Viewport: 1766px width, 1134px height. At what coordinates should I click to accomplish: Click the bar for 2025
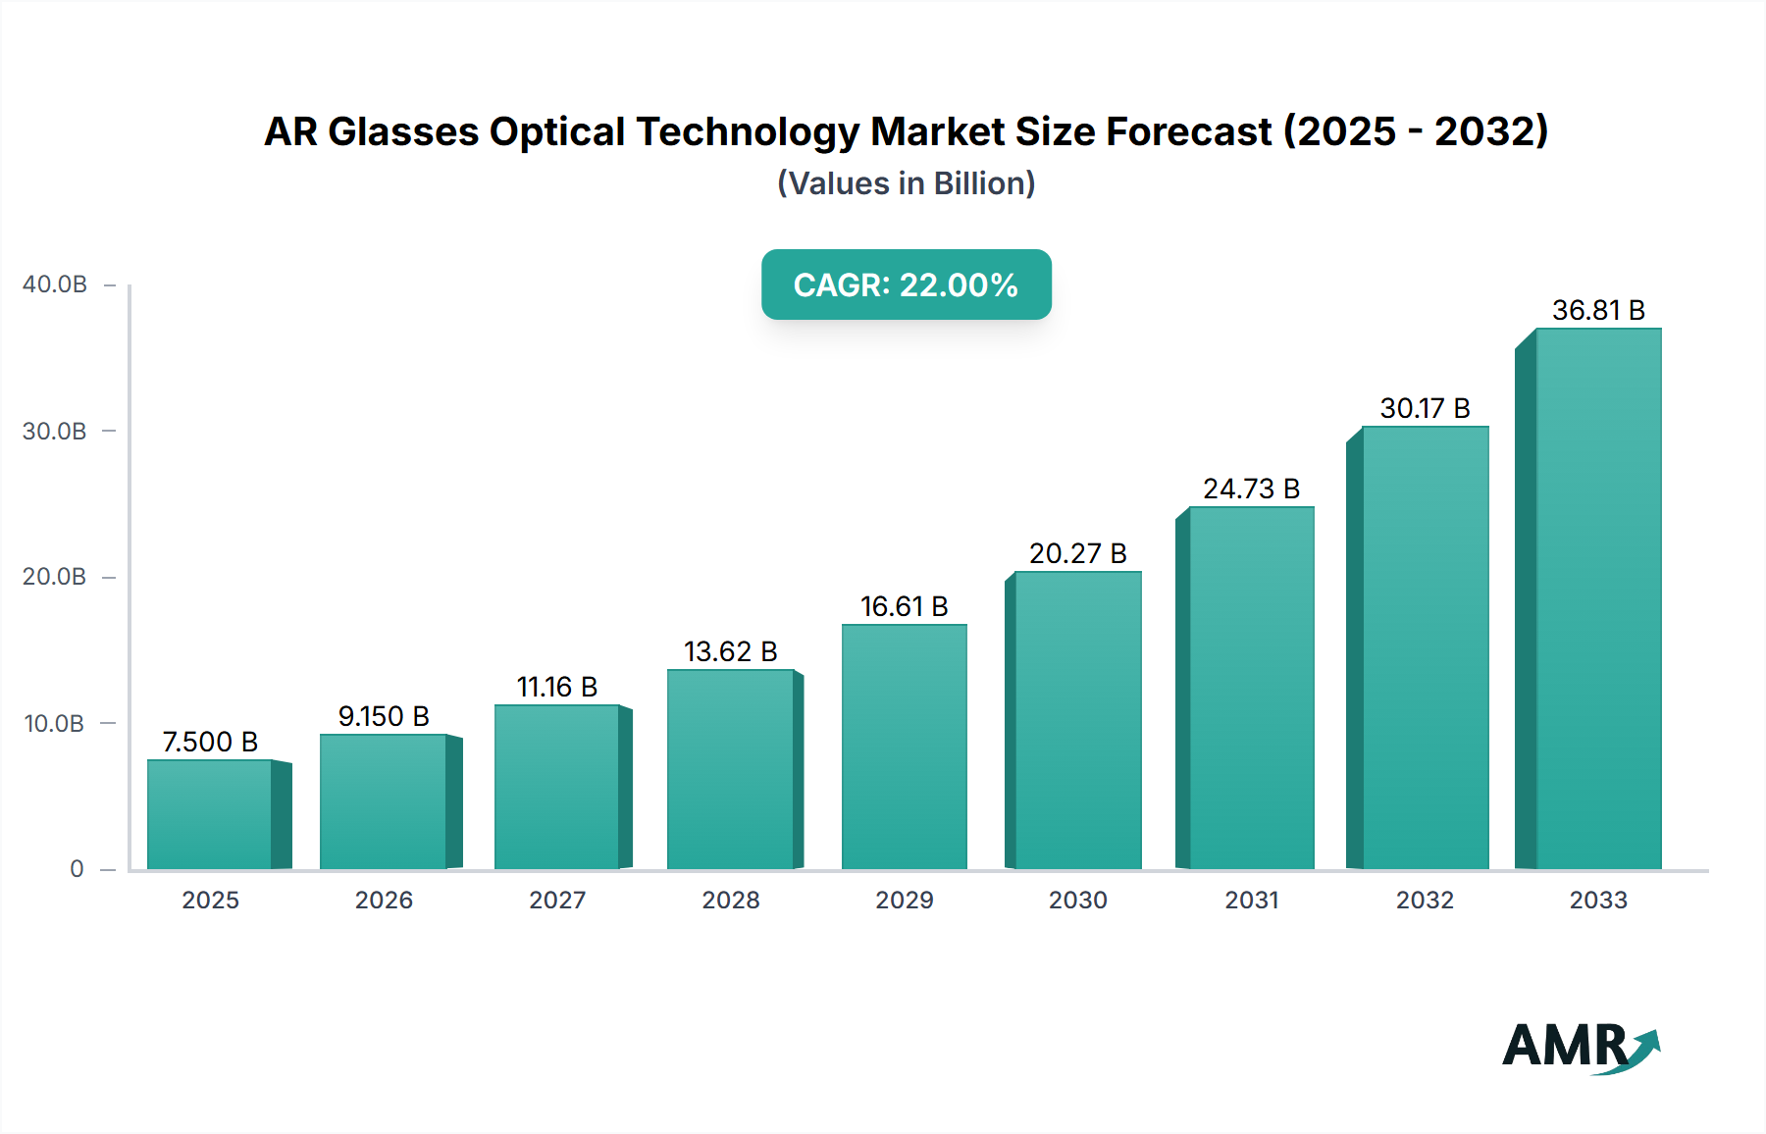(x=210, y=814)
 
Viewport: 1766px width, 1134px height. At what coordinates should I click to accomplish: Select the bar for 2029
(x=904, y=747)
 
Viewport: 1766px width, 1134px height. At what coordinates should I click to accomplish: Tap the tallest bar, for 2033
(x=1598, y=598)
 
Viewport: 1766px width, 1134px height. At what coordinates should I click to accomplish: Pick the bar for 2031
(x=1251, y=688)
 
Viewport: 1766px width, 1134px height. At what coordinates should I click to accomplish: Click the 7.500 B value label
(x=210, y=742)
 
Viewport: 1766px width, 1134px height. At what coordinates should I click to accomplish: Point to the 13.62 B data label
(x=730, y=651)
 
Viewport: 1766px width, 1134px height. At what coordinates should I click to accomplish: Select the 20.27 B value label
(x=1077, y=553)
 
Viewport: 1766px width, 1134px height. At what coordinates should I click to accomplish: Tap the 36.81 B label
(x=1598, y=310)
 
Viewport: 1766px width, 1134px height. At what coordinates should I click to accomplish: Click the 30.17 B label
(x=1425, y=408)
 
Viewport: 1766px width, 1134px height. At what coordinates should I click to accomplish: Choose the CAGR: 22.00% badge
(x=906, y=284)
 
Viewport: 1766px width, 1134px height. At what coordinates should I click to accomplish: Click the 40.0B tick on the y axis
(x=55, y=284)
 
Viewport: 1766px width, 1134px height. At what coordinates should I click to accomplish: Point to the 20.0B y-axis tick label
(x=55, y=577)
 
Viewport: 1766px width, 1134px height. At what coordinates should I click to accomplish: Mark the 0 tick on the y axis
(x=77, y=869)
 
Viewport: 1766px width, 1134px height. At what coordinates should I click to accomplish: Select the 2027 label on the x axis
(x=557, y=900)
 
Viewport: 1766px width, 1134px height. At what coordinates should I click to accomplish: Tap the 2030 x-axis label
(x=1077, y=900)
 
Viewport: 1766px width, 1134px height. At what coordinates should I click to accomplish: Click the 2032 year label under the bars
(x=1425, y=900)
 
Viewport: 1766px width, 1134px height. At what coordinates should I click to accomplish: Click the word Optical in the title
(x=556, y=131)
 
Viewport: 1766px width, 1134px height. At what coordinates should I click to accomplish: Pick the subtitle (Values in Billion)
(x=906, y=183)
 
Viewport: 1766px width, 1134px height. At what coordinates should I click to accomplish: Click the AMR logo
(x=1580, y=1046)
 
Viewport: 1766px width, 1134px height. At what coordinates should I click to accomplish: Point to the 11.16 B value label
(x=557, y=687)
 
